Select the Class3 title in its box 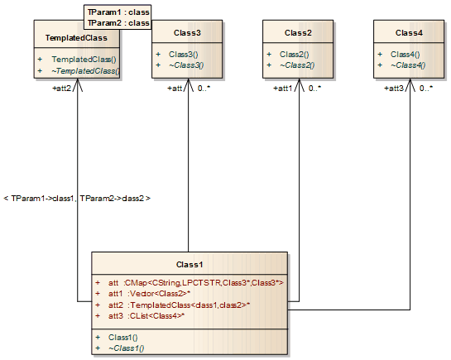click(187, 32)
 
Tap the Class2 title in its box click(297, 32)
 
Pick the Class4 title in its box click(409, 32)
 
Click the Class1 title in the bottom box click(190, 264)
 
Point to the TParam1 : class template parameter click(118, 12)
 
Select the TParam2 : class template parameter click(118, 23)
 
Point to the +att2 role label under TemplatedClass click(63, 88)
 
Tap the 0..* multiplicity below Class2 click(314, 88)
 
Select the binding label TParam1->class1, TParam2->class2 click(77, 199)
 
